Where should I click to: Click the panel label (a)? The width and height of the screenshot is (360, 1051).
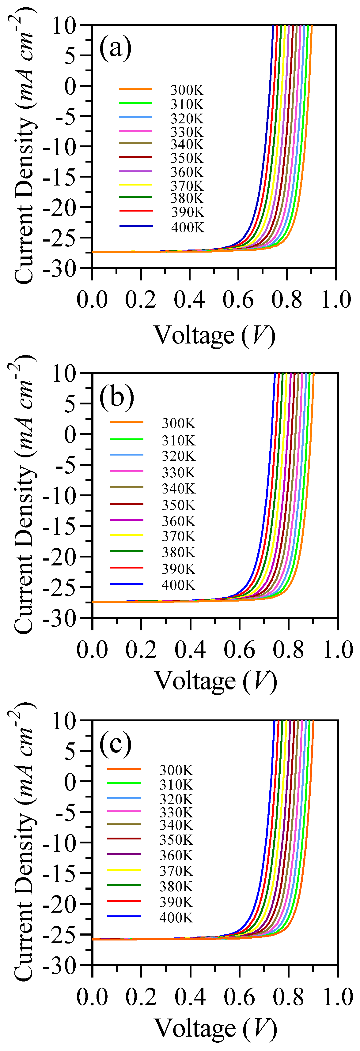[x=116, y=48]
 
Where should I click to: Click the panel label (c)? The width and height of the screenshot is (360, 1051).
[x=116, y=744]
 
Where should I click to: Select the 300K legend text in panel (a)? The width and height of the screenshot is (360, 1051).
[x=187, y=90]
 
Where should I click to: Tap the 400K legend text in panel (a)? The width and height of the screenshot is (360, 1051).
[x=187, y=227]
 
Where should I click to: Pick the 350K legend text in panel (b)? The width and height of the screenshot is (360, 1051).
[x=178, y=505]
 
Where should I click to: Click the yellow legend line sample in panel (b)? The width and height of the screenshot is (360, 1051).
[x=127, y=535]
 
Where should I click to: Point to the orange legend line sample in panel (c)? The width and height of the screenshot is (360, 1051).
[x=124, y=769]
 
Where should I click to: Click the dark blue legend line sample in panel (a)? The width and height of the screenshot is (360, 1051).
[x=136, y=226]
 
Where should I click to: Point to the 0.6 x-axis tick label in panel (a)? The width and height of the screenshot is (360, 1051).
[x=238, y=300]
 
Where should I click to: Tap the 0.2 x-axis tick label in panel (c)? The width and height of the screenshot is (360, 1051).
[x=141, y=997]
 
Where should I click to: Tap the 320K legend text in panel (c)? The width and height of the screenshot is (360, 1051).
[x=176, y=799]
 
